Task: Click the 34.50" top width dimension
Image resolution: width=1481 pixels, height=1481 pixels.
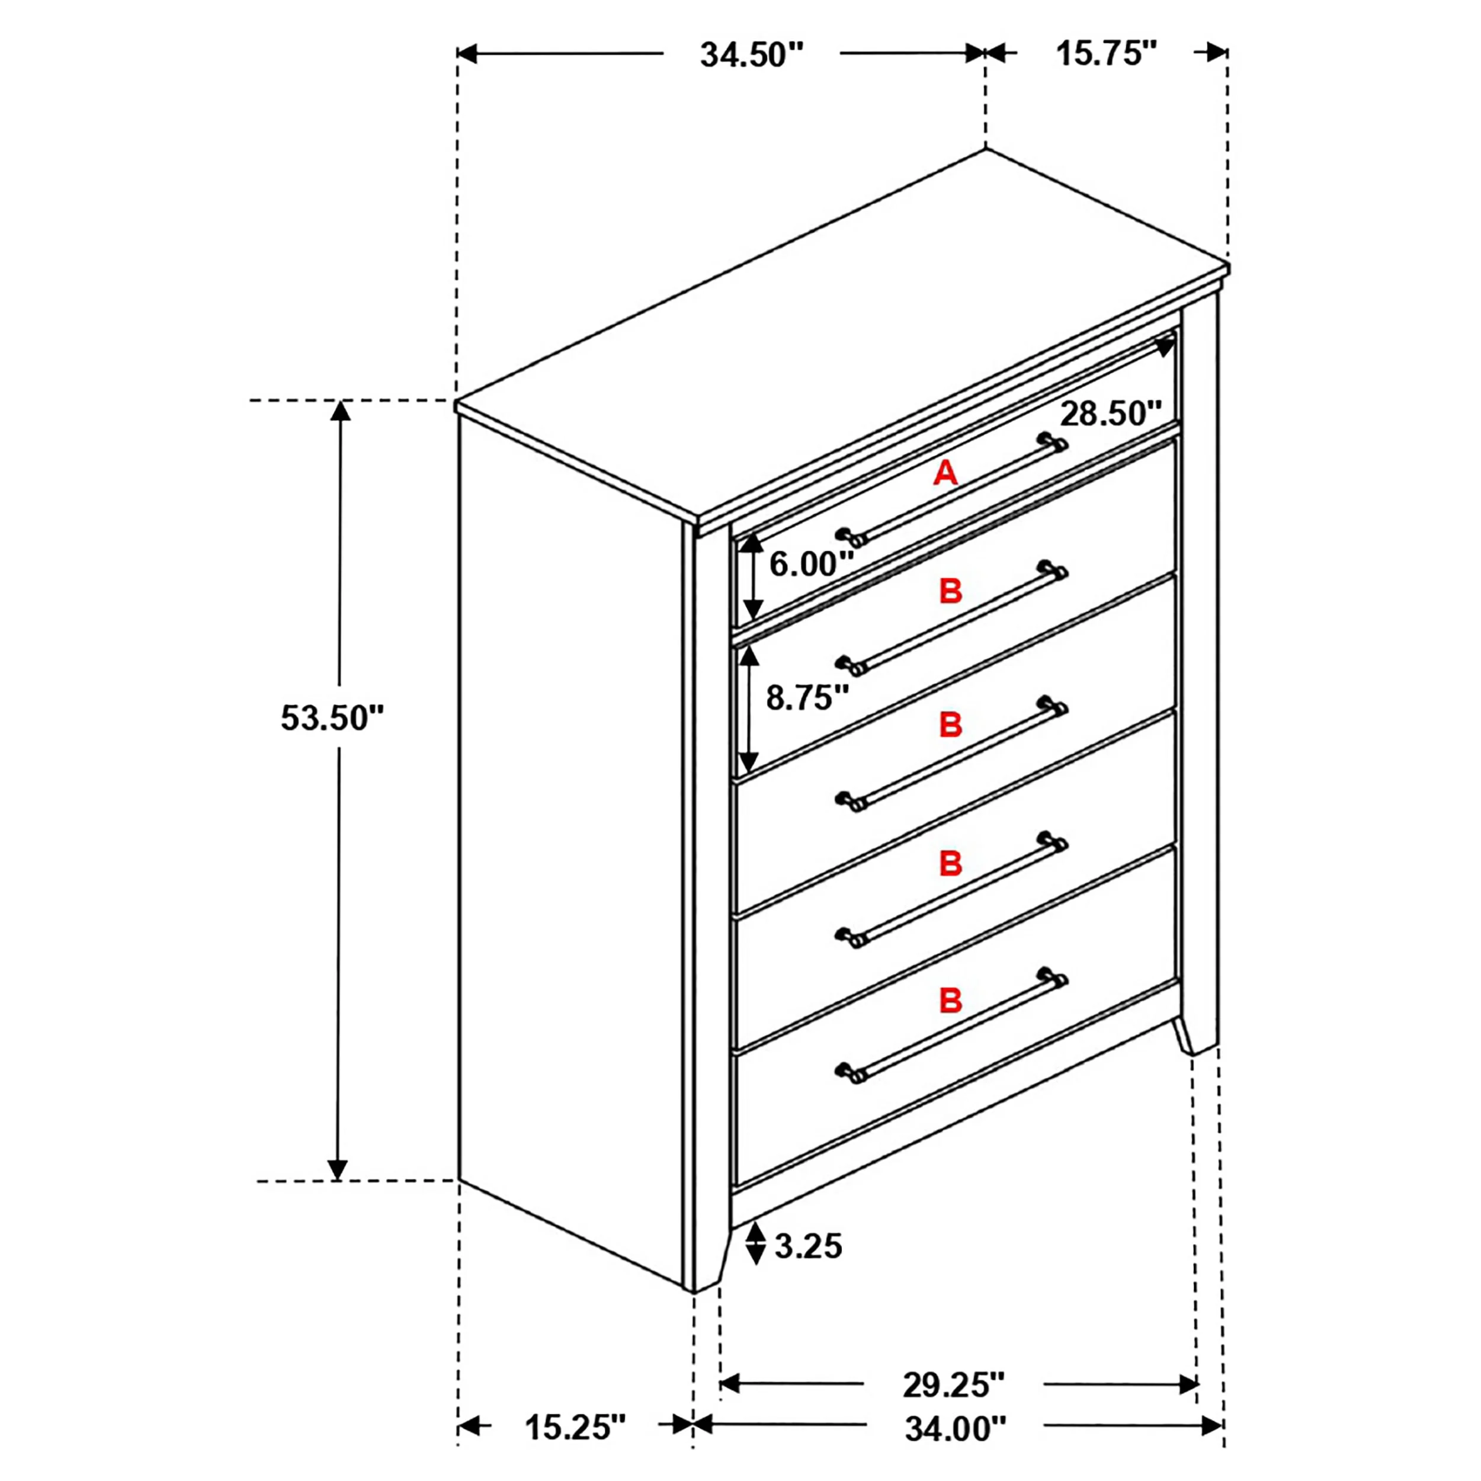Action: point(751,55)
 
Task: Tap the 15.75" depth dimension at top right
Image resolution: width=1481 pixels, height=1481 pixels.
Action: point(1105,54)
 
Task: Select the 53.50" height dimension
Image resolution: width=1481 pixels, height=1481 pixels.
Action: point(332,718)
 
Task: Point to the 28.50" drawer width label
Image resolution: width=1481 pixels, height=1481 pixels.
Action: point(1111,414)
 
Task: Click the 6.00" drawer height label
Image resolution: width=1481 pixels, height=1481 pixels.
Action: point(812,564)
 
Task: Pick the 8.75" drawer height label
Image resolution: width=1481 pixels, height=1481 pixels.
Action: point(808,698)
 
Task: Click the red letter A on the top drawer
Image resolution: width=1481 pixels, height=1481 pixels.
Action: point(945,473)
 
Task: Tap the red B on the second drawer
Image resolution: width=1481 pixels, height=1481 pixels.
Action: point(951,591)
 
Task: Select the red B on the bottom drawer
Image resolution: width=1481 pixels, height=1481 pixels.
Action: point(951,1001)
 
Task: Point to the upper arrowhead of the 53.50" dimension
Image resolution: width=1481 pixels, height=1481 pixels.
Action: point(341,412)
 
